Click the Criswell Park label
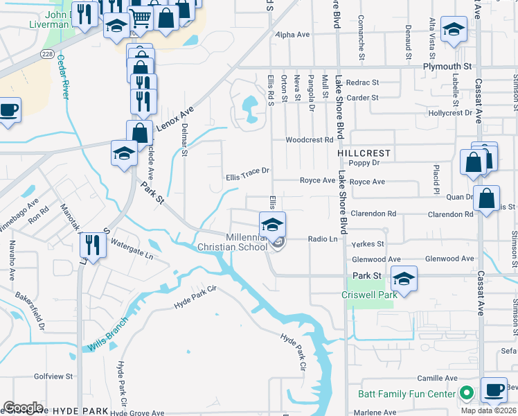[369, 295]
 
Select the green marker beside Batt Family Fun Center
[467, 393]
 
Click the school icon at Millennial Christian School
[272, 225]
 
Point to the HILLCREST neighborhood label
[364, 153]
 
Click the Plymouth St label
[447, 67]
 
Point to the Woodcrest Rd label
[310, 139]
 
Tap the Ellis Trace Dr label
[247, 177]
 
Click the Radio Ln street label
[322, 239]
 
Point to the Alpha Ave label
[291, 34]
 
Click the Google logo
[23, 408]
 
